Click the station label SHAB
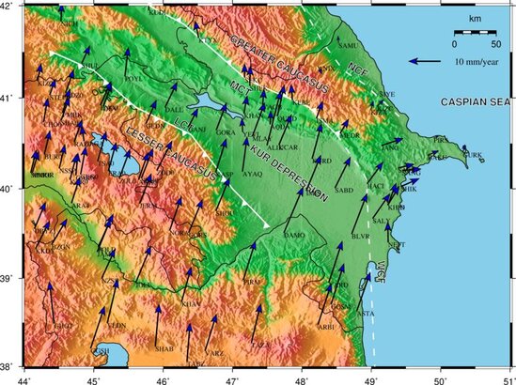click(x=164, y=348)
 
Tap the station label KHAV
click(x=191, y=304)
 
